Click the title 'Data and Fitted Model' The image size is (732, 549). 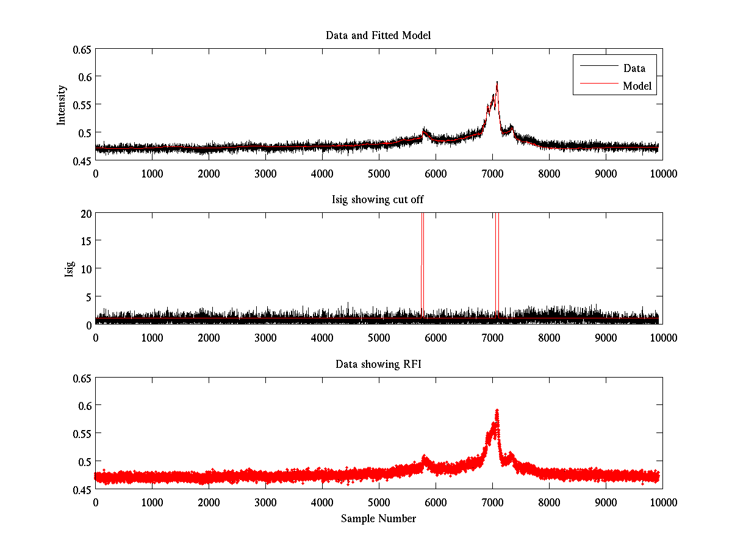point(378,35)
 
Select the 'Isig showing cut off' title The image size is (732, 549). point(378,200)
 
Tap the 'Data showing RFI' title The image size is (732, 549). point(378,365)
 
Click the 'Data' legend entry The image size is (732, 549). point(634,68)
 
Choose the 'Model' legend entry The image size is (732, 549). point(637,86)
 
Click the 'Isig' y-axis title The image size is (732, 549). point(69,268)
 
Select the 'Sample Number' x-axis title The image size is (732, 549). point(378,518)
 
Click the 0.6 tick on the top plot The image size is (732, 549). point(82,77)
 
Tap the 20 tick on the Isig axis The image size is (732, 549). point(85,213)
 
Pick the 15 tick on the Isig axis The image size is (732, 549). point(85,241)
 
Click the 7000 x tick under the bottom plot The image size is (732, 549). point(492,502)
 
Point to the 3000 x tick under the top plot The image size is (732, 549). point(265,173)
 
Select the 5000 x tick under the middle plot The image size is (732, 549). point(379,337)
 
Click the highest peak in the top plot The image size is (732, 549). point(497,82)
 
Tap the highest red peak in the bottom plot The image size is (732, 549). point(497,411)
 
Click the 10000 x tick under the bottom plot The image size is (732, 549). point(662,502)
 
